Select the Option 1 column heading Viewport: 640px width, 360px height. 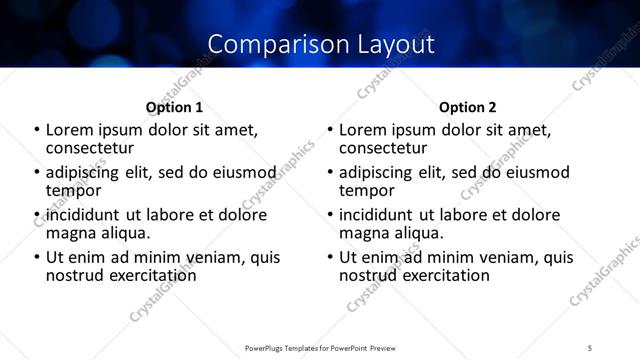pos(175,106)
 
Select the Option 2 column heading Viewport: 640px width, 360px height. pos(467,106)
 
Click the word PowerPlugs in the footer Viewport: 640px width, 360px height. pos(267,346)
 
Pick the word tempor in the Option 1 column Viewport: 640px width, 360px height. pos(73,190)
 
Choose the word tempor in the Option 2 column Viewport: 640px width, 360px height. pos(366,190)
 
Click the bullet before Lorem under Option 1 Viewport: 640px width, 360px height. pos(37,130)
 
